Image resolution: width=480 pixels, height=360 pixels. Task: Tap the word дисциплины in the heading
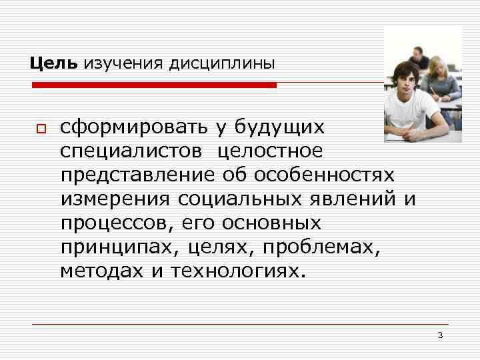pos(222,65)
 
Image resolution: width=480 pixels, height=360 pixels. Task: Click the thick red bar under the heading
pos(155,85)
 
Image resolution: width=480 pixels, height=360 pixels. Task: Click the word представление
pos(135,175)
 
